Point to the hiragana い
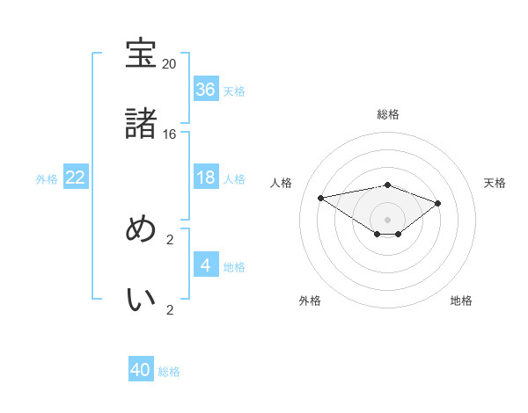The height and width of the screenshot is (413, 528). [x=142, y=299]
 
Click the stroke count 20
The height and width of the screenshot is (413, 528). [x=169, y=64]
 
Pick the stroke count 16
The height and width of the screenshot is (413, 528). [x=169, y=134]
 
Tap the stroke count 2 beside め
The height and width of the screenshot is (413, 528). [x=170, y=239]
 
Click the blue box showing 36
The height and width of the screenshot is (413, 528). [x=206, y=90]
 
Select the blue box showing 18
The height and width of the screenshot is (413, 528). [x=206, y=178]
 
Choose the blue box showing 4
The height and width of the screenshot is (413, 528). [x=206, y=265]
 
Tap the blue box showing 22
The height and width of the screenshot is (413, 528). [x=76, y=178]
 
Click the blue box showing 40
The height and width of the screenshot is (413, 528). [x=141, y=371]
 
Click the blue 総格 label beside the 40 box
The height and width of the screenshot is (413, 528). [x=169, y=372]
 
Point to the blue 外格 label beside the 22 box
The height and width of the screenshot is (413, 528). [x=47, y=179]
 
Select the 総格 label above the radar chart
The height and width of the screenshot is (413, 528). [x=388, y=114]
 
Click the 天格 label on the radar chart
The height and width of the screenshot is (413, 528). [x=495, y=183]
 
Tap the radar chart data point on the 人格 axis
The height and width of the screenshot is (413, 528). [x=321, y=197]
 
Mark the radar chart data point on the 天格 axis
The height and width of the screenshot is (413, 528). [x=438, y=203]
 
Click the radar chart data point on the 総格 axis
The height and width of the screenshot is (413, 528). [x=388, y=185]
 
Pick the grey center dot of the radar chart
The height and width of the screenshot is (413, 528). [x=388, y=219]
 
